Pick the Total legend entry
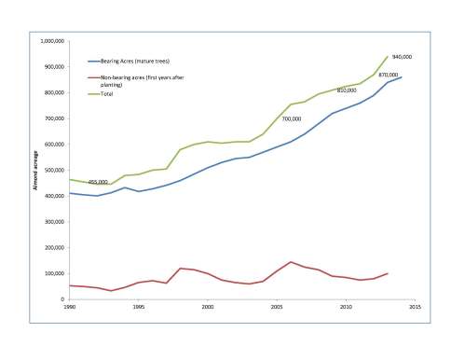120,94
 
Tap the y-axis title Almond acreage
35,172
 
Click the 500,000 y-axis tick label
51,171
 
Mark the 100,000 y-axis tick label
51,273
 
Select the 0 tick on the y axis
60,299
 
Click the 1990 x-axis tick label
68,307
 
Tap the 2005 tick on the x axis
276,307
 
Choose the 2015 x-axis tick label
414,307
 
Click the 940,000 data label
402,57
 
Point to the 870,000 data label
389,75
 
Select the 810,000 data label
347,90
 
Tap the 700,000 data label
292,118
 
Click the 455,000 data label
98,182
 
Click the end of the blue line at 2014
401,77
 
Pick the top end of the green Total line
387,57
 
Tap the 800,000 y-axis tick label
51,93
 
